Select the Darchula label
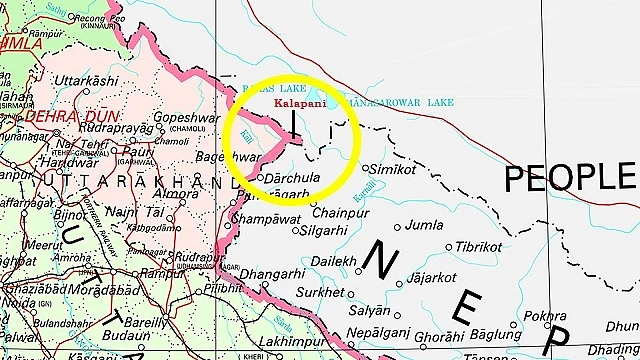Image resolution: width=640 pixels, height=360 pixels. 291,178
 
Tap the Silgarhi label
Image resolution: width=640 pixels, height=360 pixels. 324,230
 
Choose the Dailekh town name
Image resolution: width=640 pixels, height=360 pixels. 333,262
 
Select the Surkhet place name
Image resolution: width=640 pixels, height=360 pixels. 323,293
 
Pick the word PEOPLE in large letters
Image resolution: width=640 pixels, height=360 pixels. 570,178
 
